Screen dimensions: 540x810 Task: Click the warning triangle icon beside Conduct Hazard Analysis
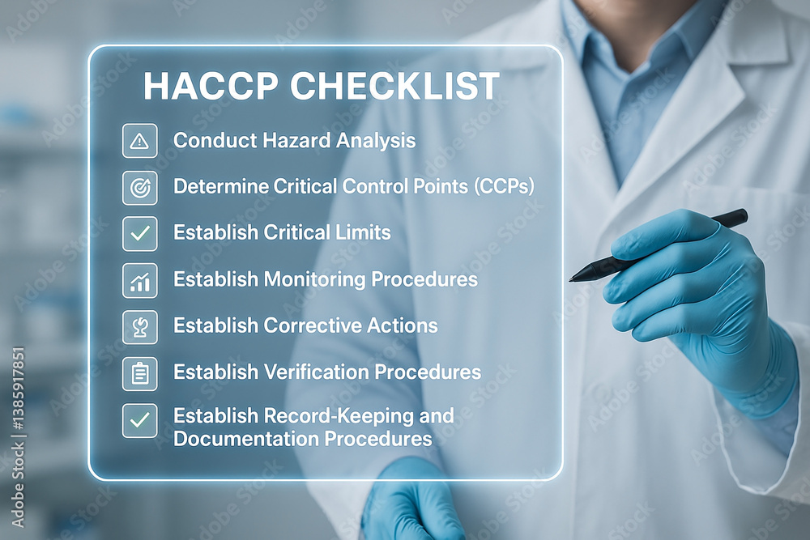pyautogui.click(x=139, y=141)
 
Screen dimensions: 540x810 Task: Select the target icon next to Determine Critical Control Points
pyautogui.click(x=139, y=187)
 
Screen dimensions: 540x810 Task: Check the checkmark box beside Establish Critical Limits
pyautogui.click(x=139, y=233)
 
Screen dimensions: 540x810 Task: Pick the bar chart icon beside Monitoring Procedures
pyautogui.click(x=139, y=280)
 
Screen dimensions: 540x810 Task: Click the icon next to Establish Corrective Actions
pyautogui.click(x=139, y=326)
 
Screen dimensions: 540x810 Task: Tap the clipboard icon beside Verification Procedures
pyautogui.click(x=139, y=373)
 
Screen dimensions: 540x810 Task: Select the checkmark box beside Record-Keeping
pyautogui.click(x=139, y=420)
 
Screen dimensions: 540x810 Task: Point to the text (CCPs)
pyautogui.click(x=504, y=186)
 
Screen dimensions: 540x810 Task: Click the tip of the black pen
pyautogui.click(x=572, y=279)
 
